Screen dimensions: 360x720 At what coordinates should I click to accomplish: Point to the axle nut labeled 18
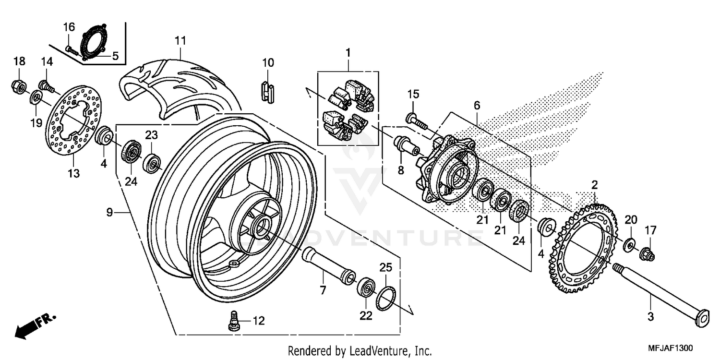(x=19, y=86)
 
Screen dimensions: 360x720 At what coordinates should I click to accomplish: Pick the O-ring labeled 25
(x=386, y=298)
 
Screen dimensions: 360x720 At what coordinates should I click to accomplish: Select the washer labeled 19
(x=36, y=98)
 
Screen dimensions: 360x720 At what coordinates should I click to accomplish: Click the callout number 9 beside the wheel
(x=109, y=212)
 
